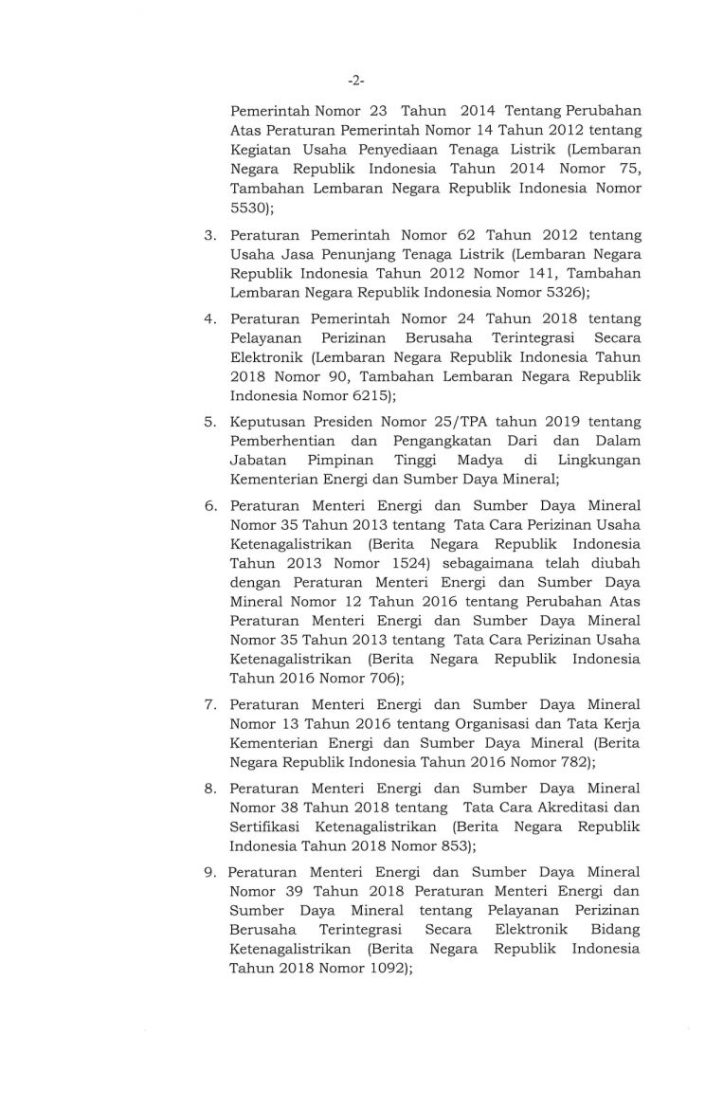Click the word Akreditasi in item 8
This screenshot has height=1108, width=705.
pos(568,808)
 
